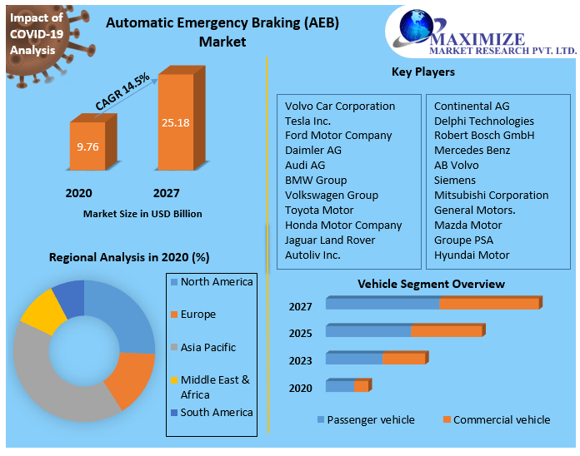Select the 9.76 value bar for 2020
[x=87, y=146]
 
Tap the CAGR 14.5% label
[x=122, y=92]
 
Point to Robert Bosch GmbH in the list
[x=484, y=136]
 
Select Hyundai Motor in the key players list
[x=472, y=255]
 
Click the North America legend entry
[x=216, y=282]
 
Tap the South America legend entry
[x=216, y=413]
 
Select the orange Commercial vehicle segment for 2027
[x=489, y=303]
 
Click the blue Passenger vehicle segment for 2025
[x=367, y=330]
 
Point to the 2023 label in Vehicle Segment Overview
[x=300, y=360]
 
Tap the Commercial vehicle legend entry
[x=501, y=419]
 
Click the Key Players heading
[x=423, y=72]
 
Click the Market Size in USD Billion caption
[x=142, y=214]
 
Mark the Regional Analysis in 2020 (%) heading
[x=129, y=257]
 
